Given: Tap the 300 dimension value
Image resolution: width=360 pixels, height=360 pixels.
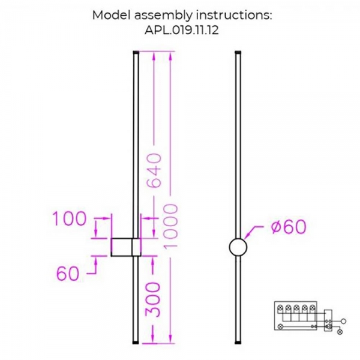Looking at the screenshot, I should (x=154, y=298).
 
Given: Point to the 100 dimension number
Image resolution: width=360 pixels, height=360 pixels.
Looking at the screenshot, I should (x=70, y=220).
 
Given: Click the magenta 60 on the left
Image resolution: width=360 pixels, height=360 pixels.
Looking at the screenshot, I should (x=67, y=274).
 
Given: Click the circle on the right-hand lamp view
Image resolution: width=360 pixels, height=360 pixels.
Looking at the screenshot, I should (x=238, y=248).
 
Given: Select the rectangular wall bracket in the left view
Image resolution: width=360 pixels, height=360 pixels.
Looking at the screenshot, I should (x=126, y=248).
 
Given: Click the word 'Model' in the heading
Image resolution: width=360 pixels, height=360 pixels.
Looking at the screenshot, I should (x=108, y=15).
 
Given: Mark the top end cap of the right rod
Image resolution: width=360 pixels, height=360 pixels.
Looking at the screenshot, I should (x=238, y=53).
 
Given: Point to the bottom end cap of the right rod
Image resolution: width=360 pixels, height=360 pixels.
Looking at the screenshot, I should (x=238, y=343).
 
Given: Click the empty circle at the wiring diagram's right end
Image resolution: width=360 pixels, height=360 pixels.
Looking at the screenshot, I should (x=344, y=322).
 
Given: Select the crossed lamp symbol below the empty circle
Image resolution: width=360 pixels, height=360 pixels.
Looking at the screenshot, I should (x=341, y=331).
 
